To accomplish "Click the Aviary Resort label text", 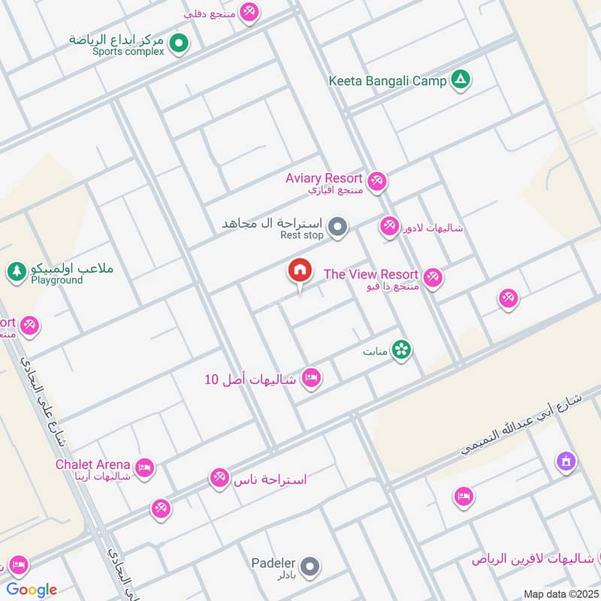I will click(324, 178).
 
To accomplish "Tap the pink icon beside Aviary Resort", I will click(377, 180).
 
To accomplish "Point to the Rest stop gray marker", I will click(338, 226).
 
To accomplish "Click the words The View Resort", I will click(370, 274).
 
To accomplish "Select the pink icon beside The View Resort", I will click(432, 278).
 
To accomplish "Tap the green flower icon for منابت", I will click(402, 349).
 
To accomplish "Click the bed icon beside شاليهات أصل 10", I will click(311, 378).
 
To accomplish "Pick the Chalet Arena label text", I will click(92, 464).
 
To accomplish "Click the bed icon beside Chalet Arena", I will click(145, 468).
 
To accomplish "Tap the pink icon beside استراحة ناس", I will click(219, 478).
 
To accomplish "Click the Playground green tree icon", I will click(17, 271).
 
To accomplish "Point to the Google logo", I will click(31, 590).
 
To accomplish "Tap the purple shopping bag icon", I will click(566, 461).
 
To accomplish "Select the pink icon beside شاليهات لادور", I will click(389, 226).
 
